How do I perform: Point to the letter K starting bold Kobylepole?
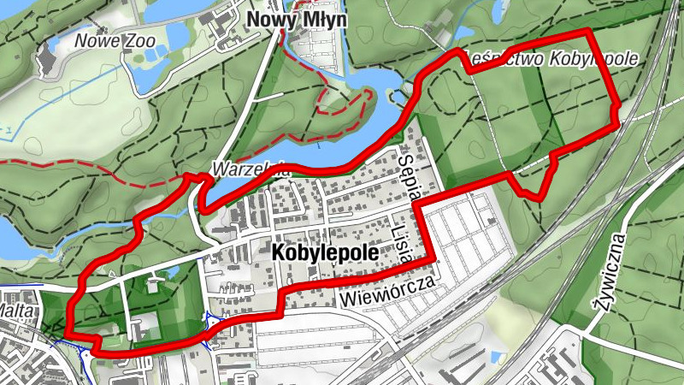click(x=277, y=254)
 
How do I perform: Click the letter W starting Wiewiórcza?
click(x=345, y=300)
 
